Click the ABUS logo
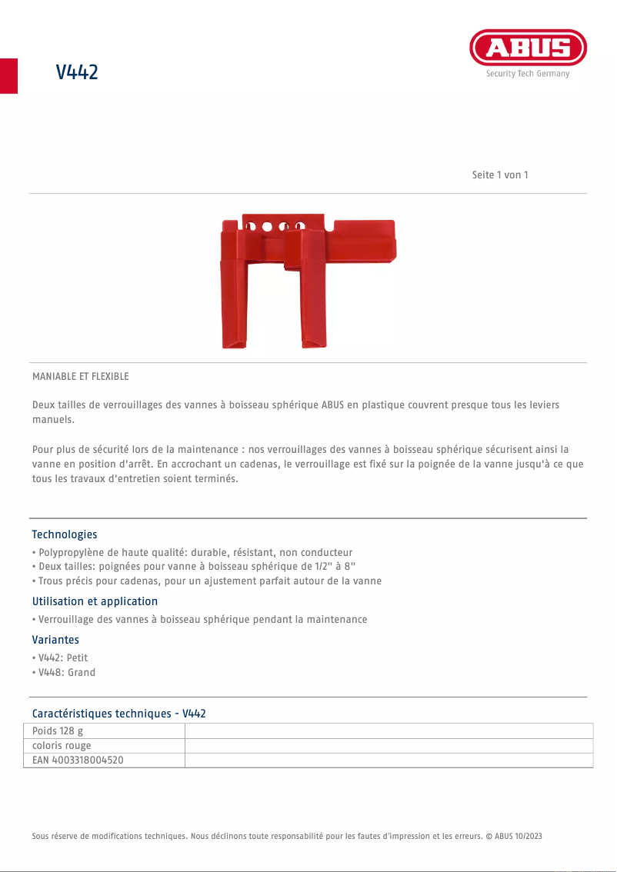(x=528, y=48)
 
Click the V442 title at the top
(x=77, y=72)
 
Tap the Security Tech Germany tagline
(x=528, y=74)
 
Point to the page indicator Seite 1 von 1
(x=500, y=175)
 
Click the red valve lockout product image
(x=308, y=280)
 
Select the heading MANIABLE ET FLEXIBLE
(x=81, y=376)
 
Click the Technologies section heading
(x=65, y=534)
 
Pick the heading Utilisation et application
(x=95, y=601)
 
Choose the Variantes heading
(x=55, y=640)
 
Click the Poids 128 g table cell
(x=58, y=731)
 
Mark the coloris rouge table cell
(x=62, y=745)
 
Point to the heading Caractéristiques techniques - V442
(x=118, y=714)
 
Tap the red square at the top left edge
(x=8, y=75)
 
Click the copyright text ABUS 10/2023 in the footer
(x=515, y=836)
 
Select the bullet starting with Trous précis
(x=208, y=581)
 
